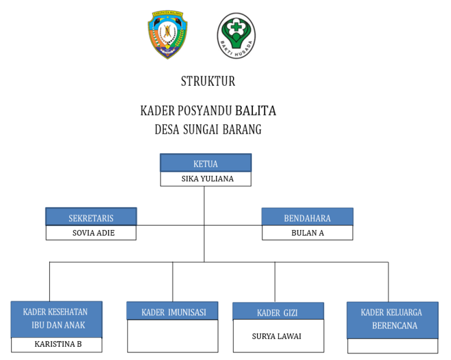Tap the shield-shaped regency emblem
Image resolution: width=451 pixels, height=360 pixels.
click(167, 34)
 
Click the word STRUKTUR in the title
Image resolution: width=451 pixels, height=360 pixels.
click(208, 81)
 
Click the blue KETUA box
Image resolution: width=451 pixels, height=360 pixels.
click(206, 163)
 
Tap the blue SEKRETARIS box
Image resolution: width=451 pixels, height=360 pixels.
click(91, 217)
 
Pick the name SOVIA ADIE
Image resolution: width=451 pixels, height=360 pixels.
click(93, 233)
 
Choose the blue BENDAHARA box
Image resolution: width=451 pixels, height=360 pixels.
click(307, 217)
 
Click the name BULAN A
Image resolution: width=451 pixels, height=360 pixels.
click(307, 233)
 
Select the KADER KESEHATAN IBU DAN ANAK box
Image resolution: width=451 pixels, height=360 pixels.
click(56, 319)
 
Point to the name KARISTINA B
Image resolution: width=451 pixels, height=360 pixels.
click(58, 344)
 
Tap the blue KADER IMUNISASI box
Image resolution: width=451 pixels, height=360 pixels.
click(173, 312)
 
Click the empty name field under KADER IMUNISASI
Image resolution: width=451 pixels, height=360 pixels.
click(173, 336)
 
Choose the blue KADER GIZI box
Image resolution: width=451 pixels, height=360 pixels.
click(278, 312)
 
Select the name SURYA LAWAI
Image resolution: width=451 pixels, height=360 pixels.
click(277, 336)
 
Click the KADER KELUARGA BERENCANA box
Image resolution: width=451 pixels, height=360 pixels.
click(392, 319)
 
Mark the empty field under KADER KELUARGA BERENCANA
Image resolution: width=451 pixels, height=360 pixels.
click(392, 346)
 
